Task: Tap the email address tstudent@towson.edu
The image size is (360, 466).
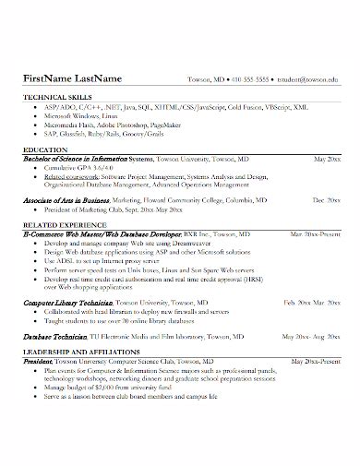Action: [x=307, y=79]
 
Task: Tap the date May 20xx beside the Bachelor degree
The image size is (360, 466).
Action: [x=326, y=159]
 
